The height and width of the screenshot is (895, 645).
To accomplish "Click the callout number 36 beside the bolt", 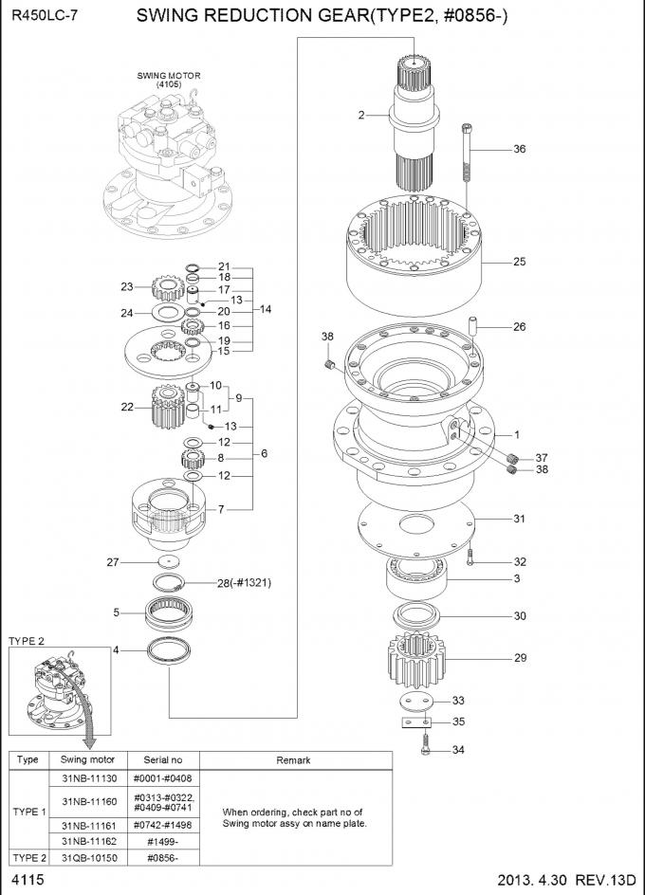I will pyautogui.click(x=519, y=149).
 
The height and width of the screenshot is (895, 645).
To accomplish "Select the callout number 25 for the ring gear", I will pyautogui.click(x=519, y=262).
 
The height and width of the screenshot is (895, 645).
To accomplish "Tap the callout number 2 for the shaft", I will pyautogui.click(x=361, y=116).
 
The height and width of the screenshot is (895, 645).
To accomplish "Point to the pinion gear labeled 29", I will pyautogui.click(x=417, y=660).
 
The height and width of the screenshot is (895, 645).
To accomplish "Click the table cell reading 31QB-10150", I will pyautogui.click(x=87, y=857).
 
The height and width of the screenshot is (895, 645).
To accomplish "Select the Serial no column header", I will pyautogui.click(x=162, y=759).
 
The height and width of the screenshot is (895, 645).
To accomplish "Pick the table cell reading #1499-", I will pyautogui.click(x=162, y=841).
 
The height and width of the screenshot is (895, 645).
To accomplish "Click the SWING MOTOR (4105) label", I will pyautogui.click(x=169, y=80).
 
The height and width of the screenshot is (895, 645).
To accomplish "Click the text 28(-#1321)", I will pyautogui.click(x=244, y=583).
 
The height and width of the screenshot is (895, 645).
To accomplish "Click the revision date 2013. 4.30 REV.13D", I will pyautogui.click(x=562, y=881).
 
